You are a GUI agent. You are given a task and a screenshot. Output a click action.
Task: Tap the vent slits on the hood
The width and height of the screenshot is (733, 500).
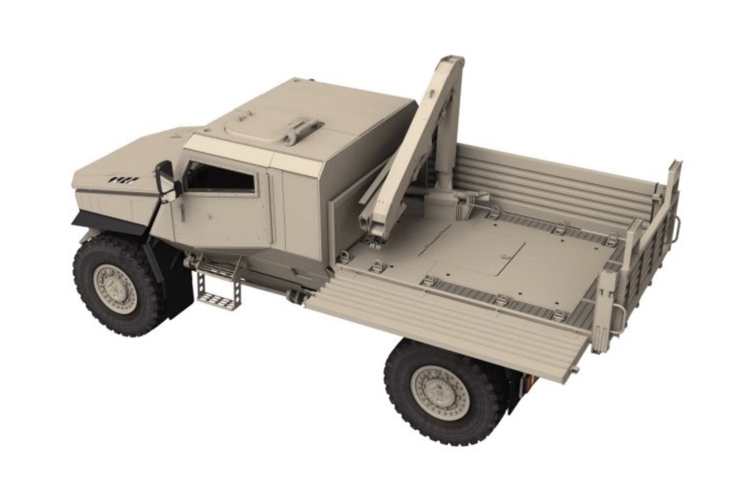(x=123, y=180)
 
